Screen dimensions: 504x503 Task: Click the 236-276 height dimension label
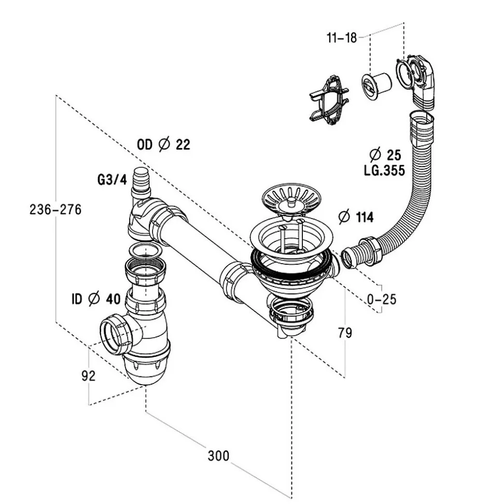click(55, 210)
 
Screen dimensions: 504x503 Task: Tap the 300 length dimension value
click(218, 456)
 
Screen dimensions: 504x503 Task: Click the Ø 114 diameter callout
click(355, 217)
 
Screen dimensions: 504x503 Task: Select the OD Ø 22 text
click(163, 145)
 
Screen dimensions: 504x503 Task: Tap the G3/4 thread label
click(113, 180)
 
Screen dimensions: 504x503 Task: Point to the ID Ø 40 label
click(96, 299)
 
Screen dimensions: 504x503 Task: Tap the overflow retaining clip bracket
click(328, 100)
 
